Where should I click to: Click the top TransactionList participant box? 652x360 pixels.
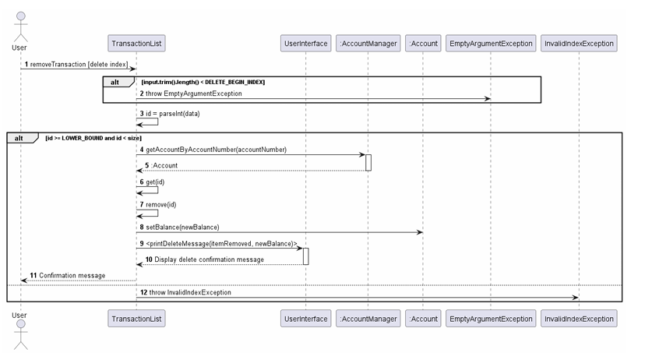(x=136, y=44)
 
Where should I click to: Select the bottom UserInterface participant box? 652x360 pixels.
(x=305, y=318)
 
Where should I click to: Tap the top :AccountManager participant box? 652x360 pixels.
(x=368, y=44)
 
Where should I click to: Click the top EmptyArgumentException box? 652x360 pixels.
(x=491, y=44)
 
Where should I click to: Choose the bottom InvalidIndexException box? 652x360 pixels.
(x=579, y=318)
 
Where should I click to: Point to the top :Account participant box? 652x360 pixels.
(x=423, y=44)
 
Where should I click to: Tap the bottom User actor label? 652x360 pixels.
(x=19, y=316)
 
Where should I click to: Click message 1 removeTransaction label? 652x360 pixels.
(x=78, y=64)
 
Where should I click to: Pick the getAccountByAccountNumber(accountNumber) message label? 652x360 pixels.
(x=216, y=150)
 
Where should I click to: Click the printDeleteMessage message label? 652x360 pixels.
(x=221, y=244)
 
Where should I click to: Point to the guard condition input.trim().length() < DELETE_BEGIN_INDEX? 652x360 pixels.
(x=203, y=82)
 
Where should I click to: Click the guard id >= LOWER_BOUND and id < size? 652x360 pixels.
(x=93, y=138)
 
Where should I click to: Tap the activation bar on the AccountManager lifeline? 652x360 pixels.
(x=368, y=162)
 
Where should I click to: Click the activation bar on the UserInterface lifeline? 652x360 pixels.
(x=305, y=256)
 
